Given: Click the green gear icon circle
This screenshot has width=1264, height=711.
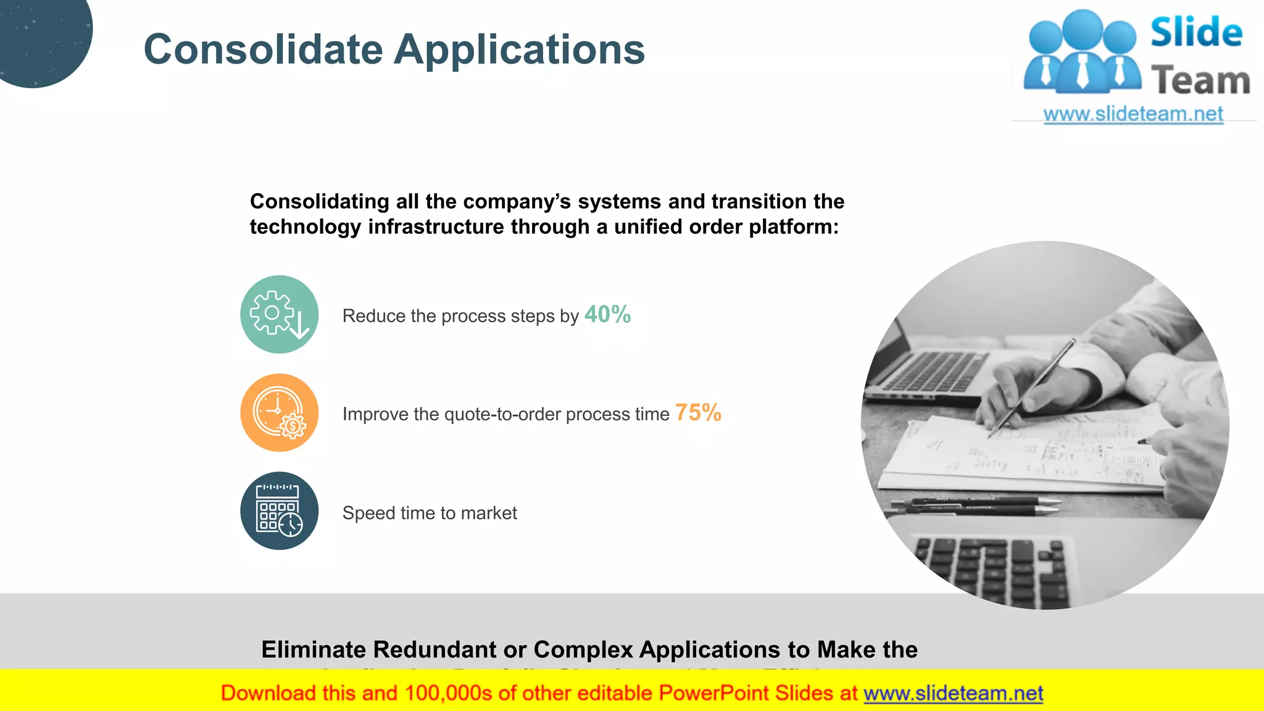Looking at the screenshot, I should [x=279, y=314].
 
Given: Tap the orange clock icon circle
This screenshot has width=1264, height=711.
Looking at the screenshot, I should [x=279, y=412].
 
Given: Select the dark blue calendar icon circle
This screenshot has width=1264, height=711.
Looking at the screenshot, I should [x=279, y=511].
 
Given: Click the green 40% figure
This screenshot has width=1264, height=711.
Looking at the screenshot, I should [x=607, y=314].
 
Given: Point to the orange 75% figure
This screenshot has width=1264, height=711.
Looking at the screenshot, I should [x=698, y=412].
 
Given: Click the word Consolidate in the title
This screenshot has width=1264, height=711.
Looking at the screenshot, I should [x=263, y=49].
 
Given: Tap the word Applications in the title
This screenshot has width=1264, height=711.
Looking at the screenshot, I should [x=520, y=49].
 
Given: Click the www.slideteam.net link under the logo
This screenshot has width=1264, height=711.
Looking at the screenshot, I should [x=1133, y=114].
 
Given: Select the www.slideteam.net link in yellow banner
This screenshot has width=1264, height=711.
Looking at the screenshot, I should [x=953, y=694].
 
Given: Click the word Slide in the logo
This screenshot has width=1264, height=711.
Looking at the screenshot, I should [x=1196, y=33].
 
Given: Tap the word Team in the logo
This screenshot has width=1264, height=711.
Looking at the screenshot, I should [x=1200, y=81].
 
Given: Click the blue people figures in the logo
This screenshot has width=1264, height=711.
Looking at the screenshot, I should [x=1082, y=52].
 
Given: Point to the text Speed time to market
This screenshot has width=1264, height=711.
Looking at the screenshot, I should [x=430, y=513].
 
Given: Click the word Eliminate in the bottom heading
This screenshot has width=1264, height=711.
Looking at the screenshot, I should [x=314, y=650].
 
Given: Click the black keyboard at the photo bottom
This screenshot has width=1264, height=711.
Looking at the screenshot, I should [x=994, y=568].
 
